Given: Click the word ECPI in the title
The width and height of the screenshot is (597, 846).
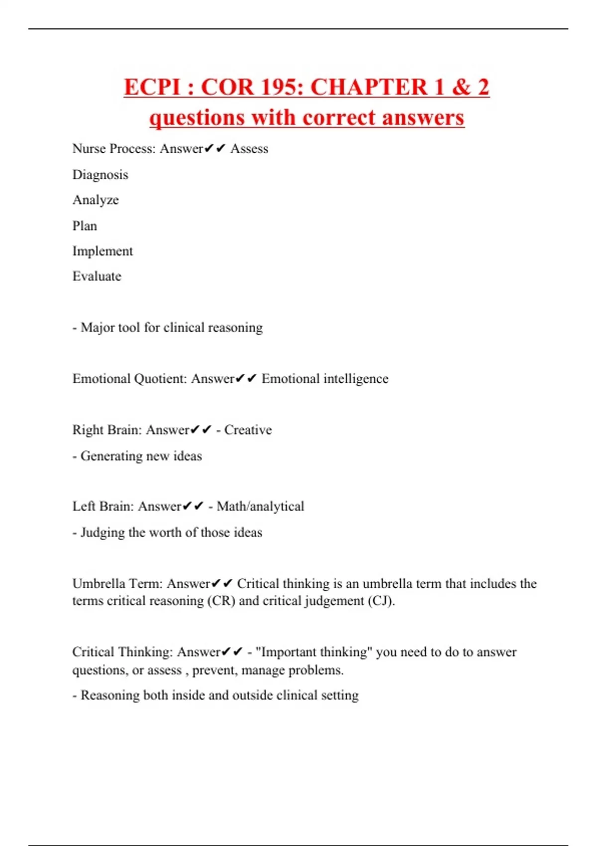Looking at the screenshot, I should pos(153,87).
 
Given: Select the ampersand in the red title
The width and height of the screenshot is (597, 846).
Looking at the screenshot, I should pos(462,87).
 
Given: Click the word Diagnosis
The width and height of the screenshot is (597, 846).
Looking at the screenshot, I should pos(100,175).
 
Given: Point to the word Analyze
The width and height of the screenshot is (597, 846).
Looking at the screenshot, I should pos(96,200).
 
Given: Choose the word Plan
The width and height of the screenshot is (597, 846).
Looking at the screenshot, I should pos(85,226).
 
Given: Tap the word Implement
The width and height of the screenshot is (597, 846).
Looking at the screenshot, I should pos(102,251).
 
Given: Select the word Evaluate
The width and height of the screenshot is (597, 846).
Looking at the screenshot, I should pos(97,276).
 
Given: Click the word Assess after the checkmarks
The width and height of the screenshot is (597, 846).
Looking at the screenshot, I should pos(249,149).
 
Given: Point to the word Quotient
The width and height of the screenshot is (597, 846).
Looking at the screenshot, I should pos(160,379).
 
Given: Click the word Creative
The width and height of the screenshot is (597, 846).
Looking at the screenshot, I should pos(248,430).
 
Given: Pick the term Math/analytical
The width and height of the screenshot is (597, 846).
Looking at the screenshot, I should pos(260,506).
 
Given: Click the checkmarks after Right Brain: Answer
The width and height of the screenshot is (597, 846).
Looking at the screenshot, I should pos(201,430).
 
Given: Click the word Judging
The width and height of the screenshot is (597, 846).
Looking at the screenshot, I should pos(102,532).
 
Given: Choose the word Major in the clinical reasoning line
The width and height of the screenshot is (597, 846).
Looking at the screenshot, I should pos(97,327).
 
